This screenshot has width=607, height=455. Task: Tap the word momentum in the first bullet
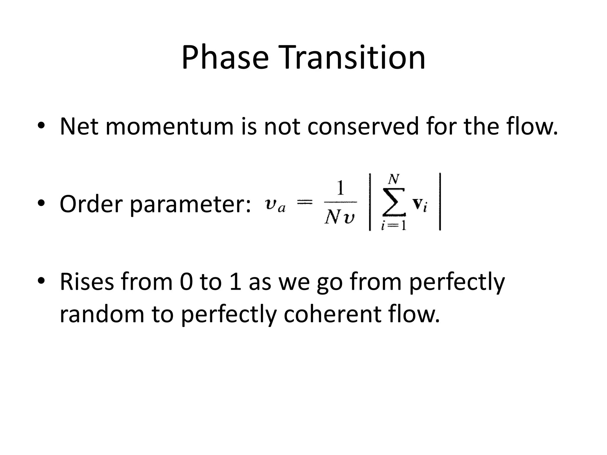click(169, 127)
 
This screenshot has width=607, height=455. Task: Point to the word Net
click(79, 127)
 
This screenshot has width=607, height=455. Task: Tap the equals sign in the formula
click(304, 202)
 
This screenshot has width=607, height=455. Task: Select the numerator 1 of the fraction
click(341, 188)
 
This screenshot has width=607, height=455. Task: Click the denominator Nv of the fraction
click(340, 218)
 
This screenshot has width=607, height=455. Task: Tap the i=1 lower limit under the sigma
click(394, 226)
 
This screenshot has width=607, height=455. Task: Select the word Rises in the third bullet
click(87, 282)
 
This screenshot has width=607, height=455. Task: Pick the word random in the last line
click(102, 314)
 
